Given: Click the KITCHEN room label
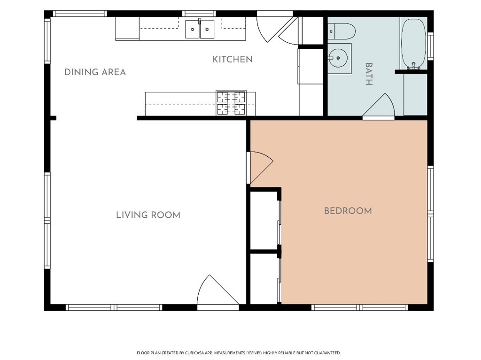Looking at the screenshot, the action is (233, 59).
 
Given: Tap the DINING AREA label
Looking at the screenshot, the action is (95, 72).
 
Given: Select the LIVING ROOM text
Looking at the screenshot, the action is (148, 215).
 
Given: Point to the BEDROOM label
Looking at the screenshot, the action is (348, 211).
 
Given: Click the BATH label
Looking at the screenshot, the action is (369, 74).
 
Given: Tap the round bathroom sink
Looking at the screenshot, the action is (337, 58).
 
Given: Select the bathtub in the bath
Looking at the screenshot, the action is (413, 44).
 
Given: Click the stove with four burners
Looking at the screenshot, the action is (231, 103).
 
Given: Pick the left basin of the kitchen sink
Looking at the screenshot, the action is (193, 29).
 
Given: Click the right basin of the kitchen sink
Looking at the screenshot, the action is (207, 29).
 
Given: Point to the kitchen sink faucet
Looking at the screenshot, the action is (200, 21).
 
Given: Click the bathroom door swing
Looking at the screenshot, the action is (380, 105).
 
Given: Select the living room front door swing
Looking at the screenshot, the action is (218, 290).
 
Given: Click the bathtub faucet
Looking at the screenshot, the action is (413, 66).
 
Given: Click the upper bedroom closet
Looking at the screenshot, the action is (264, 220).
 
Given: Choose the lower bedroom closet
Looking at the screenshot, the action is (264, 279).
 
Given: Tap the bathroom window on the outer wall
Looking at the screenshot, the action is (430, 46).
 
